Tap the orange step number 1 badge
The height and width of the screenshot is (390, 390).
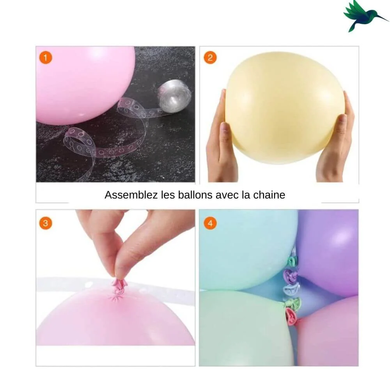pyautogui.click(x=46, y=58)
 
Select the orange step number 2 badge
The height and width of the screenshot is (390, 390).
pyautogui.click(x=210, y=58)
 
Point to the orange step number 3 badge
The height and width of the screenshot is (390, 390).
pyautogui.click(x=46, y=223)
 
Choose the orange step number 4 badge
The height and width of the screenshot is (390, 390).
pyautogui.click(x=210, y=223)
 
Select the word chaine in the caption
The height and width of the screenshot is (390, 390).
pyautogui.click(x=269, y=195)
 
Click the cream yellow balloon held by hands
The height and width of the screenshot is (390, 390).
pyautogui.click(x=285, y=108)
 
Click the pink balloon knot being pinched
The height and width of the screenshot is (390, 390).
pyautogui.click(x=119, y=286)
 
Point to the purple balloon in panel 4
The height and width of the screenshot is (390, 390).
pyautogui.click(x=328, y=252)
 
